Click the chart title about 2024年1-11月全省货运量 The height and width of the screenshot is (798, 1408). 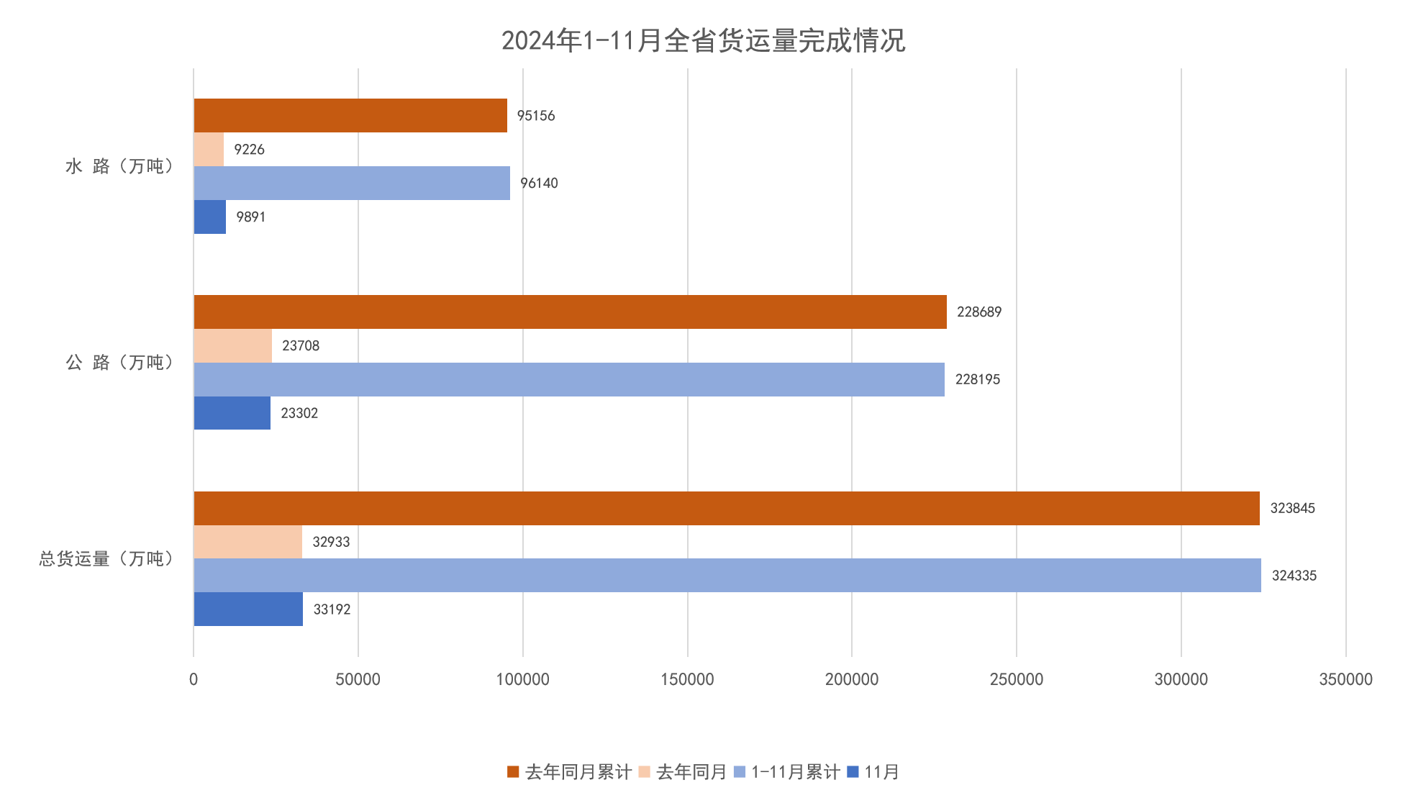(x=703, y=40)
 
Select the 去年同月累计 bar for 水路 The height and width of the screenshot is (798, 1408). (x=350, y=115)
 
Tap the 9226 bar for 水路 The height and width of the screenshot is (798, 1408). (x=209, y=149)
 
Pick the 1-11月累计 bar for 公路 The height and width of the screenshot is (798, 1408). (x=568, y=379)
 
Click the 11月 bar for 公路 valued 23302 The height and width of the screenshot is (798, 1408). (x=232, y=413)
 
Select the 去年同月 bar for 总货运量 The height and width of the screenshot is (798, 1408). (x=247, y=542)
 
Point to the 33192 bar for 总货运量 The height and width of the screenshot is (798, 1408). (x=248, y=609)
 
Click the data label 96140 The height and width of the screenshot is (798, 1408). (x=539, y=183)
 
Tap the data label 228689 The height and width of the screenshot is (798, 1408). (x=978, y=312)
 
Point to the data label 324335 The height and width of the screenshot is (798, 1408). (x=1294, y=576)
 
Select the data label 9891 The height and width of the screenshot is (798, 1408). (x=250, y=217)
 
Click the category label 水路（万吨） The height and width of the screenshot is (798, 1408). (x=119, y=166)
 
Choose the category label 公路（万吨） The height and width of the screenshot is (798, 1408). (x=119, y=363)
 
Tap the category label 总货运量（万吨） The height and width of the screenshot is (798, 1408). (x=106, y=559)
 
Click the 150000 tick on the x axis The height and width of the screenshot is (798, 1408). (x=687, y=679)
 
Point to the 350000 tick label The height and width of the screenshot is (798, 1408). (x=1345, y=679)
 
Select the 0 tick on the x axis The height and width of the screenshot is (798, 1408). (x=194, y=679)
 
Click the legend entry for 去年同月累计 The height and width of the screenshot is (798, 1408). (x=570, y=772)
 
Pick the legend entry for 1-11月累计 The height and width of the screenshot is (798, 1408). (x=786, y=772)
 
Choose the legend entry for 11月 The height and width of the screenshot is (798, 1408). (x=873, y=772)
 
